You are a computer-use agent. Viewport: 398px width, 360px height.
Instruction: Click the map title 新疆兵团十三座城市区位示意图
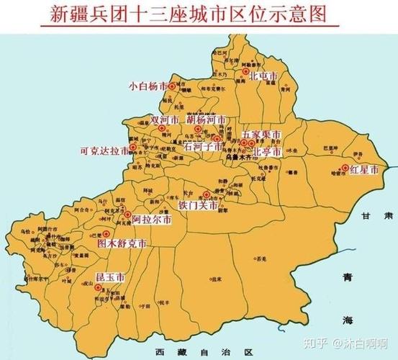click(x=198, y=14)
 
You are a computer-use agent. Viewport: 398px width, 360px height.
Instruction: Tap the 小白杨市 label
click(x=147, y=86)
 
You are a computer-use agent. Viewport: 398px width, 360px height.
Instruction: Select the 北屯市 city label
click(x=263, y=75)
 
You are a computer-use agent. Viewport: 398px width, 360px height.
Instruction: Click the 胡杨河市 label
click(x=204, y=120)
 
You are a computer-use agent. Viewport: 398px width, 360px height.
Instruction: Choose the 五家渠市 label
click(x=260, y=135)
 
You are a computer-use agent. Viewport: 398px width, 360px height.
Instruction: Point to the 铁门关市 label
click(x=197, y=204)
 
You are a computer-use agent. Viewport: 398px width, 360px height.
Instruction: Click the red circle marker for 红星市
click(x=345, y=168)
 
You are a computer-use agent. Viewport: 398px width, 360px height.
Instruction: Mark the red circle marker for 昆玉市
click(x=98, y=287)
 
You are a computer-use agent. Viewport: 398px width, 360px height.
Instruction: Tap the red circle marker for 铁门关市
click(x=207, y=194)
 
